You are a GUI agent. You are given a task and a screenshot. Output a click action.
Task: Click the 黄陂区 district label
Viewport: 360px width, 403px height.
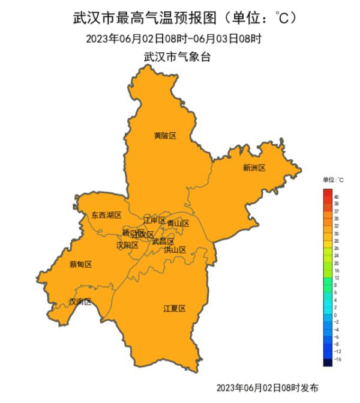pos(165,136)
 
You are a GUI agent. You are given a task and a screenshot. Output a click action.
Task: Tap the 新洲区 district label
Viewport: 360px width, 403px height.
pos(254,168)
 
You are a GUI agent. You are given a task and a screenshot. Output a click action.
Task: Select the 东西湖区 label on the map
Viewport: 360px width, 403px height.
pos(106,215)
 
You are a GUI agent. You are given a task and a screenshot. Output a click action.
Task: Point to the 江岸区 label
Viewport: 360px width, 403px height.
pos(154,220)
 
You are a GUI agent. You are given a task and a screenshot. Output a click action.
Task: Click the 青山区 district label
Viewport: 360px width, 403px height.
pos(178,223)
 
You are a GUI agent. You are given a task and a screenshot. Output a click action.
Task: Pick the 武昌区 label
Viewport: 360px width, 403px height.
pos(163,241)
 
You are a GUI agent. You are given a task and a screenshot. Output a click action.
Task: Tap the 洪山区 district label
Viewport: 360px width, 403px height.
pos(175,250)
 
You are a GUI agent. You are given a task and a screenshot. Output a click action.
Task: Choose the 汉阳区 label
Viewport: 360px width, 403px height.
pos(127,246)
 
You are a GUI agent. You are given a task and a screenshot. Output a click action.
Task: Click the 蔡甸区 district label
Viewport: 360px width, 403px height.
pos(81,264)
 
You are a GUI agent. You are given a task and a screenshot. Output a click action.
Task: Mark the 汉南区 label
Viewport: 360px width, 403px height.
pos(80,301)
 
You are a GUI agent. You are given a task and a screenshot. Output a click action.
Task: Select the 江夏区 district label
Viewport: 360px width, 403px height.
pos(175,309)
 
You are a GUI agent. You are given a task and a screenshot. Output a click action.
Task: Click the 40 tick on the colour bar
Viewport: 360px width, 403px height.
pos(337,197)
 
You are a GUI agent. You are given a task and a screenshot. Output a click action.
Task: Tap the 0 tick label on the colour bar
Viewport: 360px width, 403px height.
pos(335,315)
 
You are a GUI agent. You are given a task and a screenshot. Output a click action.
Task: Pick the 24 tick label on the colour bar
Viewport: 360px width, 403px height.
pos(337,255)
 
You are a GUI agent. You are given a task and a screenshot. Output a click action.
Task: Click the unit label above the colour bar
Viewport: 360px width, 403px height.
pos(333,180)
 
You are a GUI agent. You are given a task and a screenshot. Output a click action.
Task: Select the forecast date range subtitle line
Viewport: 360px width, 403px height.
pos(174,40)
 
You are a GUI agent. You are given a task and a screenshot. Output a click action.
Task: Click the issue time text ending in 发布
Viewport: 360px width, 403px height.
pos(267,387)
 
